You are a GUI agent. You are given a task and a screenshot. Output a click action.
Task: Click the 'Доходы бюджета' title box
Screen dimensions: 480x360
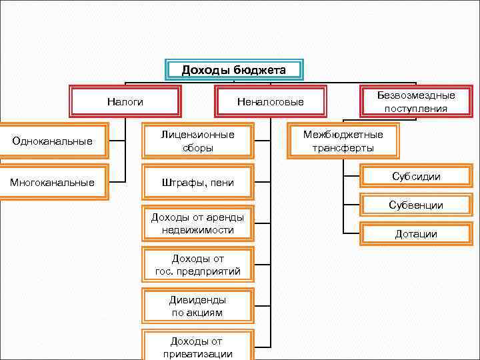pyautogui.click(x=233, y=70)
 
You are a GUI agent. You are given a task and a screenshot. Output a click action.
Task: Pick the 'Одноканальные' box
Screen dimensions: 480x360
pyautogui.click(x=53, y=141)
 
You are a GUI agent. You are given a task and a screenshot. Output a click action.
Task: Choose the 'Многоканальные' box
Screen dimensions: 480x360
pyautogui.click(x=53, y=182)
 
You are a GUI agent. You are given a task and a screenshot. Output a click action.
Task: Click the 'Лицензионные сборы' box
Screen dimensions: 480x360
pyautogui.click(x=198, y=141)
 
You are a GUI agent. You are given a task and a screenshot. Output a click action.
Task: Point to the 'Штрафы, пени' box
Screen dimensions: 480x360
pyautogui.click(x=198, y=182)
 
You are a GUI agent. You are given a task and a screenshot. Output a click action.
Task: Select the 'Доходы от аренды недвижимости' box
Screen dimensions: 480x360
pyautogui.click(x=198, y=223)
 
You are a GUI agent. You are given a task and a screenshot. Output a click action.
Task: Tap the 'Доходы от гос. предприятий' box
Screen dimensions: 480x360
pyautogui.click(x=198, y=265)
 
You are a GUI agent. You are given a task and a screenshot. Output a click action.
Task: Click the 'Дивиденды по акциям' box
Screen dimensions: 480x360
pyautogui.click(x=198, y=306)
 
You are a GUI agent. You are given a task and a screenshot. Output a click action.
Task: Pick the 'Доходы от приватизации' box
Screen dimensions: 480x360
pyautogui.click(x=198, y=347)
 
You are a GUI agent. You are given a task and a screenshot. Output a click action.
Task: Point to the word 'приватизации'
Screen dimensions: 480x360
pyautogui.click(x=198, y=354)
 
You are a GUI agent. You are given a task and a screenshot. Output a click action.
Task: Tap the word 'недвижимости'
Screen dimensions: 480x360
pyautogui.click(x=198, y=230)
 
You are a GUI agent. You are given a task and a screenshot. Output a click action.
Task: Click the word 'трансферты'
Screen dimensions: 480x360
pyautogui.click(x=343, y=148)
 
